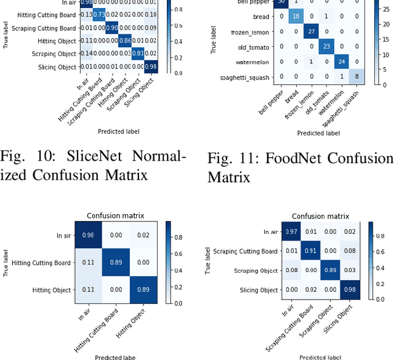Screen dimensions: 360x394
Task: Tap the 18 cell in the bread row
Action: tap(294, 15)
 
